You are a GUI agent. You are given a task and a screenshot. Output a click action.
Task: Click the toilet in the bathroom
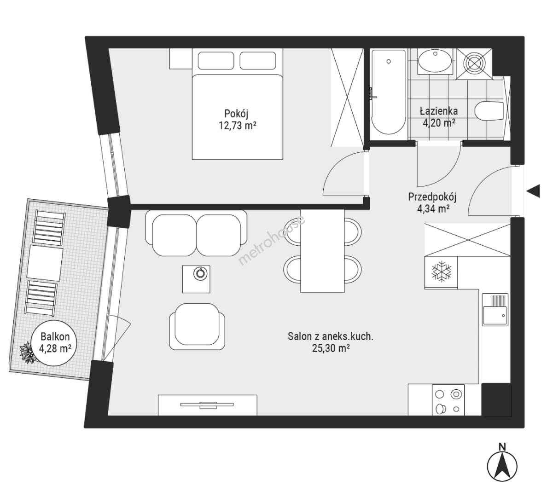[x=489, y=110]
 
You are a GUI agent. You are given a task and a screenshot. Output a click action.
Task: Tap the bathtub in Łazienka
[x=388, y=92]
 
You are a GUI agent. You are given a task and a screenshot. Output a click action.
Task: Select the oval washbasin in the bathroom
[x=435, y=61]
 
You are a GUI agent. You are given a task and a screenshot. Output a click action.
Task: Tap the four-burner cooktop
[x=448, y=400]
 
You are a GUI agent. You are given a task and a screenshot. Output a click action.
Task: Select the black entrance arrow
[x=533, y=191]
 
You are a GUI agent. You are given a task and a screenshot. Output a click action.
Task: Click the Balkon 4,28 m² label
[x=55, y=342]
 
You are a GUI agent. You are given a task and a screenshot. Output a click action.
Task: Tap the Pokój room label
[x=237, y=113]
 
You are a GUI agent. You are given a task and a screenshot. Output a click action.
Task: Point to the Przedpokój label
[x=432, y=197]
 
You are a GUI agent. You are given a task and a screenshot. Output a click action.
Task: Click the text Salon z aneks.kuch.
[x=330, y=336]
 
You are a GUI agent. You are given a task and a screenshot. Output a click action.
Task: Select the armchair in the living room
[x=197, y=326]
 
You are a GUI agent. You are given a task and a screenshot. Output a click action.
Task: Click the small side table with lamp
[x=197, y=279]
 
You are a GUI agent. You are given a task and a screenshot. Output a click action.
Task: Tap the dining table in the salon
[x=322, y=251]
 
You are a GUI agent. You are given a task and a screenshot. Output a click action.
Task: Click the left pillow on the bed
[x=215, y=61]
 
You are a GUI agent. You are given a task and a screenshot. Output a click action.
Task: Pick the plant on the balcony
[x=27, y=353]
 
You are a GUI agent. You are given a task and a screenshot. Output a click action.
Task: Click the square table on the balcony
[x=45, y=263]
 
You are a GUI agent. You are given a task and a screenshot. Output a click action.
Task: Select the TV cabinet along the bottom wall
[x=208, y=405]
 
